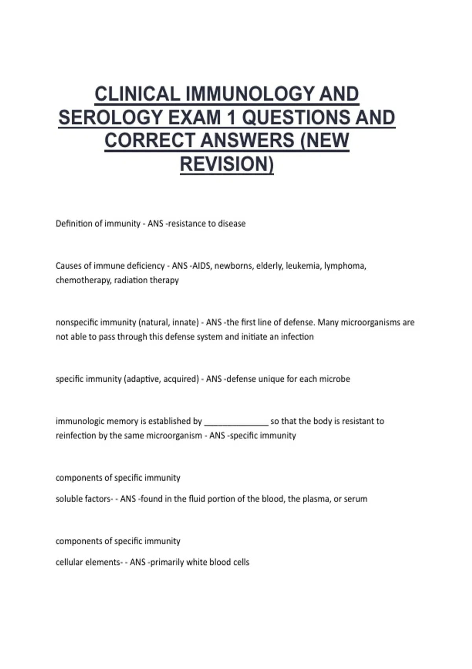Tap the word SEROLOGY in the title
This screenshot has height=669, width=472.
(106, 117)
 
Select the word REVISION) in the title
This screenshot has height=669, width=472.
(227, 164)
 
